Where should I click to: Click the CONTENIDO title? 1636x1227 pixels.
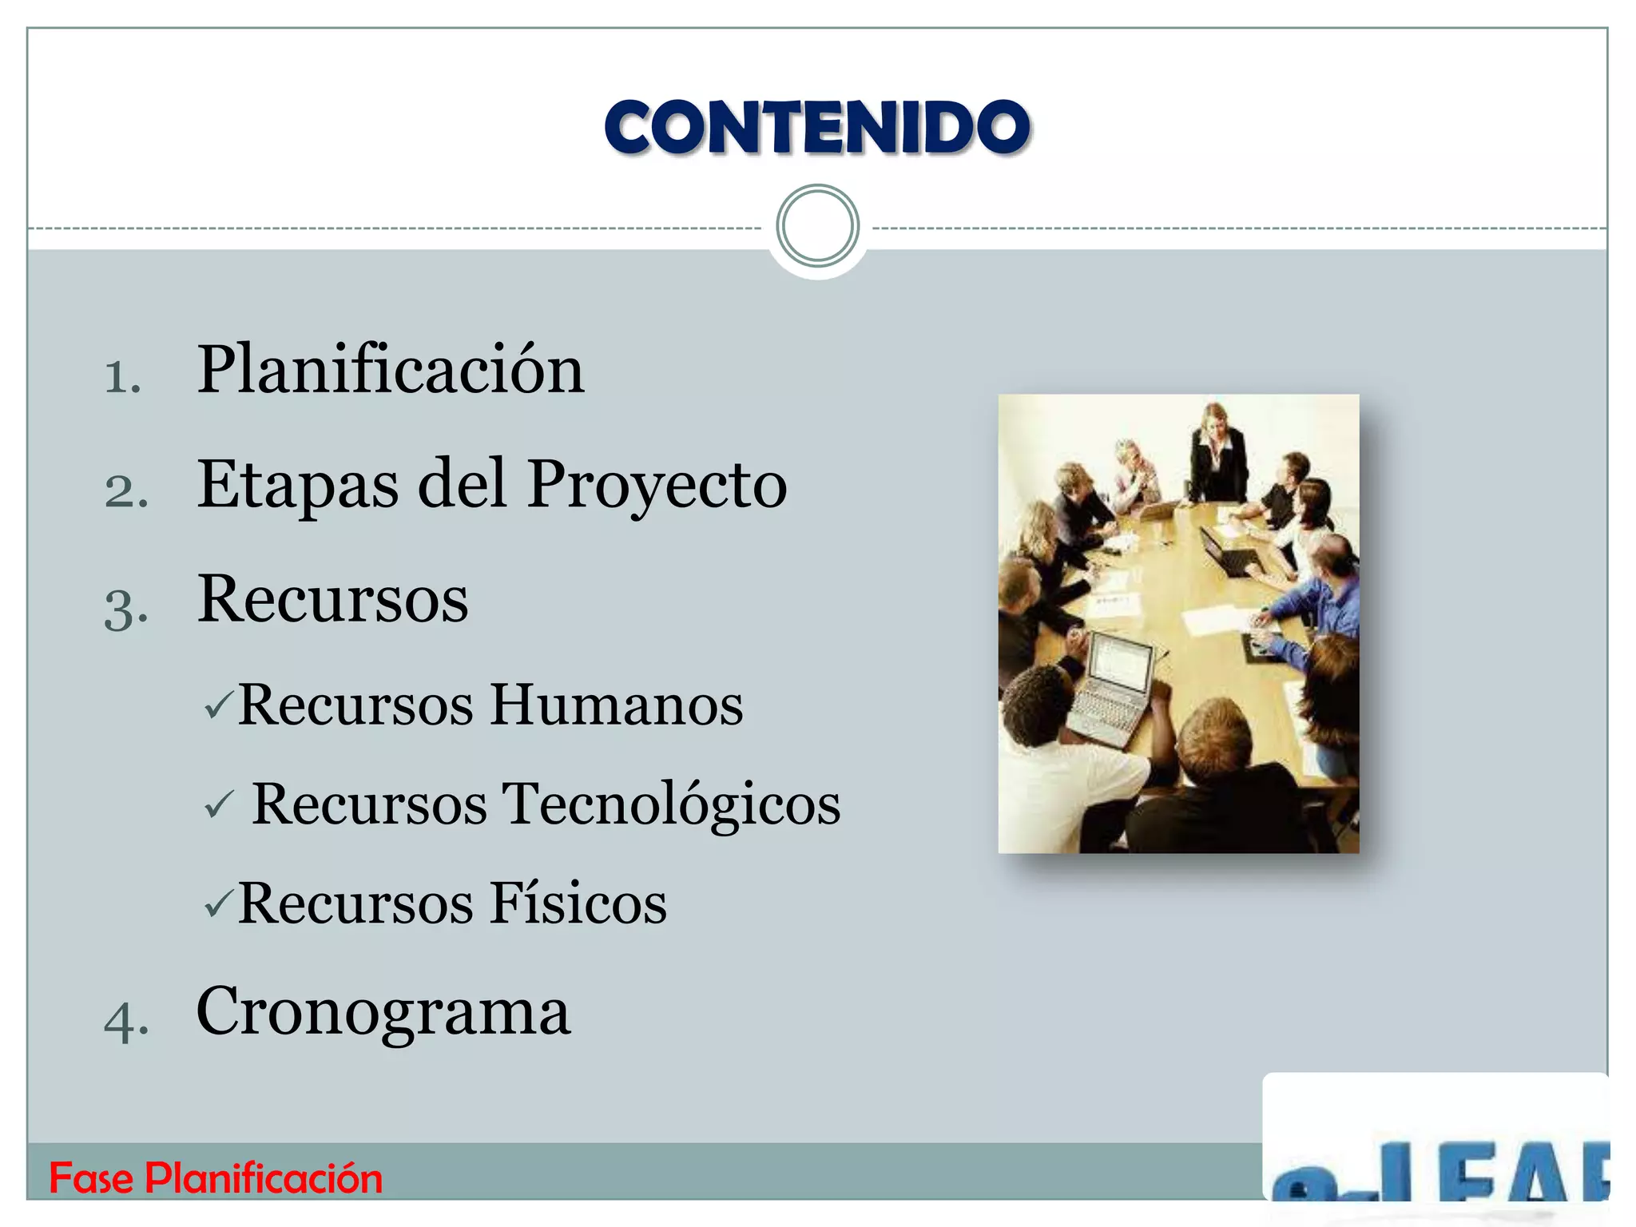coord(817,127)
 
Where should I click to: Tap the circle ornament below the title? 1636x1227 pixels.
coord(817,226)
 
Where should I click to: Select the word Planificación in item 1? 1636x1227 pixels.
coord(391,370)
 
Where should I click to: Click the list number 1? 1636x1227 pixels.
coord(122,376)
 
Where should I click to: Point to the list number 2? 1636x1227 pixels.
coord(126,490)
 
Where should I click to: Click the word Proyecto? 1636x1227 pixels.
coord(657,486)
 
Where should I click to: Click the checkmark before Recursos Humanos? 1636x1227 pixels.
coord(218,705)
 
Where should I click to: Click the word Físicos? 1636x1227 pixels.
coord(578,903)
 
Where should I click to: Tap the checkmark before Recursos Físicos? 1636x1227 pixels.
coord(218,903)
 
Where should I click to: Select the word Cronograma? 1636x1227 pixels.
coord(383,1011)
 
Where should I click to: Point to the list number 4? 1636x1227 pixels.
coord(125,1021)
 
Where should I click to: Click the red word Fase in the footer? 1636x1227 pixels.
coord(91,1178)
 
